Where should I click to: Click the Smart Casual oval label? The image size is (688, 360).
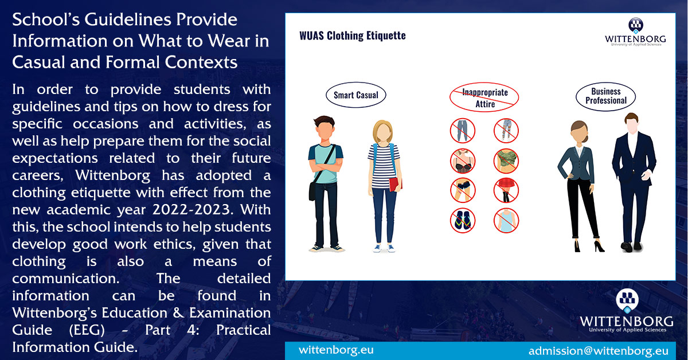pos(355,95)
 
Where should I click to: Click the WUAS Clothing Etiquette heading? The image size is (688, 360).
pos(352,36)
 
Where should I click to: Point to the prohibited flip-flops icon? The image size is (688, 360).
pos(462,220)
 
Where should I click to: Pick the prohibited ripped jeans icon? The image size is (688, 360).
pos(506,131)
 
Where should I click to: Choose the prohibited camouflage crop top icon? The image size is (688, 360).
pos(506,161)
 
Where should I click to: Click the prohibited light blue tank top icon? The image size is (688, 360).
pos(506,220)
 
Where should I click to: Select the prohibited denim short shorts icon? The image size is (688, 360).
pos(462,190)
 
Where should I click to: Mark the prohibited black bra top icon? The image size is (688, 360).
pos(462,161)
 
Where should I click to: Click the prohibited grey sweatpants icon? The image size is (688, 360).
pos(462,131)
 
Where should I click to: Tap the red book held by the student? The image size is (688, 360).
pos(395,184)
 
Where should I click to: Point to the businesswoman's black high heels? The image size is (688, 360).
pos(587,246)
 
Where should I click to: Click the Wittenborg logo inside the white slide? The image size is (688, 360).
pos(635,32)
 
